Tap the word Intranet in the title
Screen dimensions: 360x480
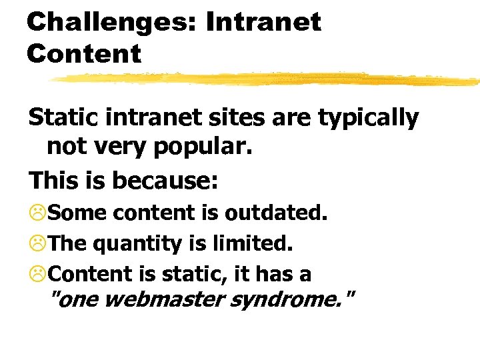tap(264, 23)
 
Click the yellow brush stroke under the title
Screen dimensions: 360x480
tap(267, 79)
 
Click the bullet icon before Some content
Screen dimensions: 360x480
tap(37, 213)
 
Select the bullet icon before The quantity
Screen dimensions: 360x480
tap(37, 243)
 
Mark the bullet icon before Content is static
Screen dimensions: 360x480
tap(37, 273)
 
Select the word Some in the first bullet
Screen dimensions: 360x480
tap(77, 213)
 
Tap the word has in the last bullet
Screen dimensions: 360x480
tap(258, 273)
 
